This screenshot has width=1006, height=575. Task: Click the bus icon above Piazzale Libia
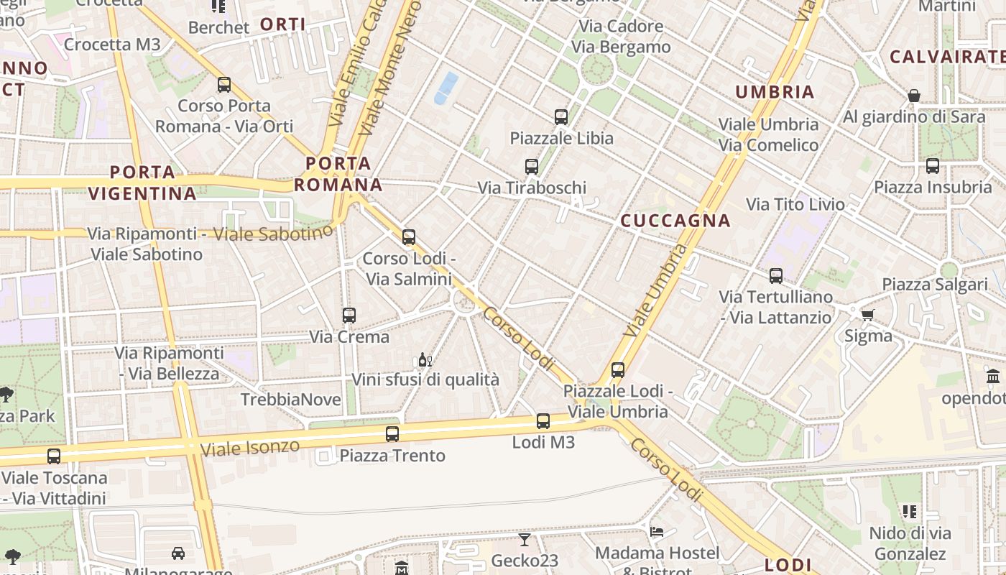[x=560, y=116]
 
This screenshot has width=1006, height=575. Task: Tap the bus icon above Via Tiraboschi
[x=532, y=167]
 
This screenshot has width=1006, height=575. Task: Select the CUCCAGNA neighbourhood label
[x=675, y=221]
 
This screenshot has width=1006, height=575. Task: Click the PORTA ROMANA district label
[x=338, y=174]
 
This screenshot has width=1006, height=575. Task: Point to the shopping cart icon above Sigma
[x=868, y=315]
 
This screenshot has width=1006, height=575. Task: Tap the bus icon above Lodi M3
[x=543, y=421]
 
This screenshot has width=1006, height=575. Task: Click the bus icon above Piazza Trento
[x=392, y=434]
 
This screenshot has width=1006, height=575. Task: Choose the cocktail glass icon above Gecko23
[x=525, y=539]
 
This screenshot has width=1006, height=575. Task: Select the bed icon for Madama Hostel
[x=657, y=532]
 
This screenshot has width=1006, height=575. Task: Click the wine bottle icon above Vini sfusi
[x=425, y=359]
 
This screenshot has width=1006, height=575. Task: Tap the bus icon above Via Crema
[x=349, y=315]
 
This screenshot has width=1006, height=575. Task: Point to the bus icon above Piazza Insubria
[x=933, y=166]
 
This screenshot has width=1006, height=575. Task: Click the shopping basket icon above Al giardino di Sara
[x=914, y=96]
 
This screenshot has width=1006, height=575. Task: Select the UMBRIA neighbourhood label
[x=775, y=92]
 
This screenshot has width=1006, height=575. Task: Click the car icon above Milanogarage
[x=178, y=553]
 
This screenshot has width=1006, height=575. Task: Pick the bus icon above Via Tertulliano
[x=776, y=275]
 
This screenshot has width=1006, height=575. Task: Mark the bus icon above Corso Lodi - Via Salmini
[x=409, y=236]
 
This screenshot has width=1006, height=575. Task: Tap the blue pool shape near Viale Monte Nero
[x=446, y=88]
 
